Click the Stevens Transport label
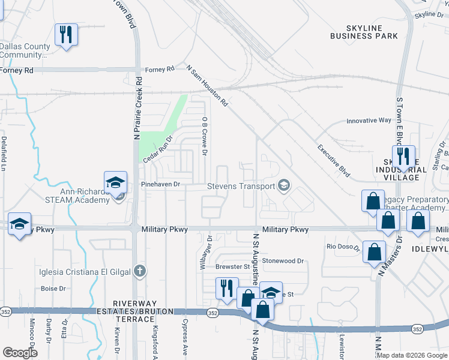tap(241, 186)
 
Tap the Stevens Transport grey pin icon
tap(284, 186)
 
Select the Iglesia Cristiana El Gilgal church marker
tap(140, 271)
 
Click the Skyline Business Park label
tap(364, 32)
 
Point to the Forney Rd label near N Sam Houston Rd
tap(159, 70)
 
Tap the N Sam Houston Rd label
tap(207, 86)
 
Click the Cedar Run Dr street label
tap(157, 146)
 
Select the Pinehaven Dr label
tap(160, 185)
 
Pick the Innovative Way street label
tap(369, 121)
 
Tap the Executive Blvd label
tap(333, 158)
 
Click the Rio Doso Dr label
tap(343, 247)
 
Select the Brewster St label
tap(232, 266)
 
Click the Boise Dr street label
tap(53, 289)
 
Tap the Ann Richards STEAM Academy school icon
tap(115, 182)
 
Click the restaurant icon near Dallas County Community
tap(66, 34)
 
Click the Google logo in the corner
tap(20, 353)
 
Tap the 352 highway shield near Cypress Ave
tap(212, 313)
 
